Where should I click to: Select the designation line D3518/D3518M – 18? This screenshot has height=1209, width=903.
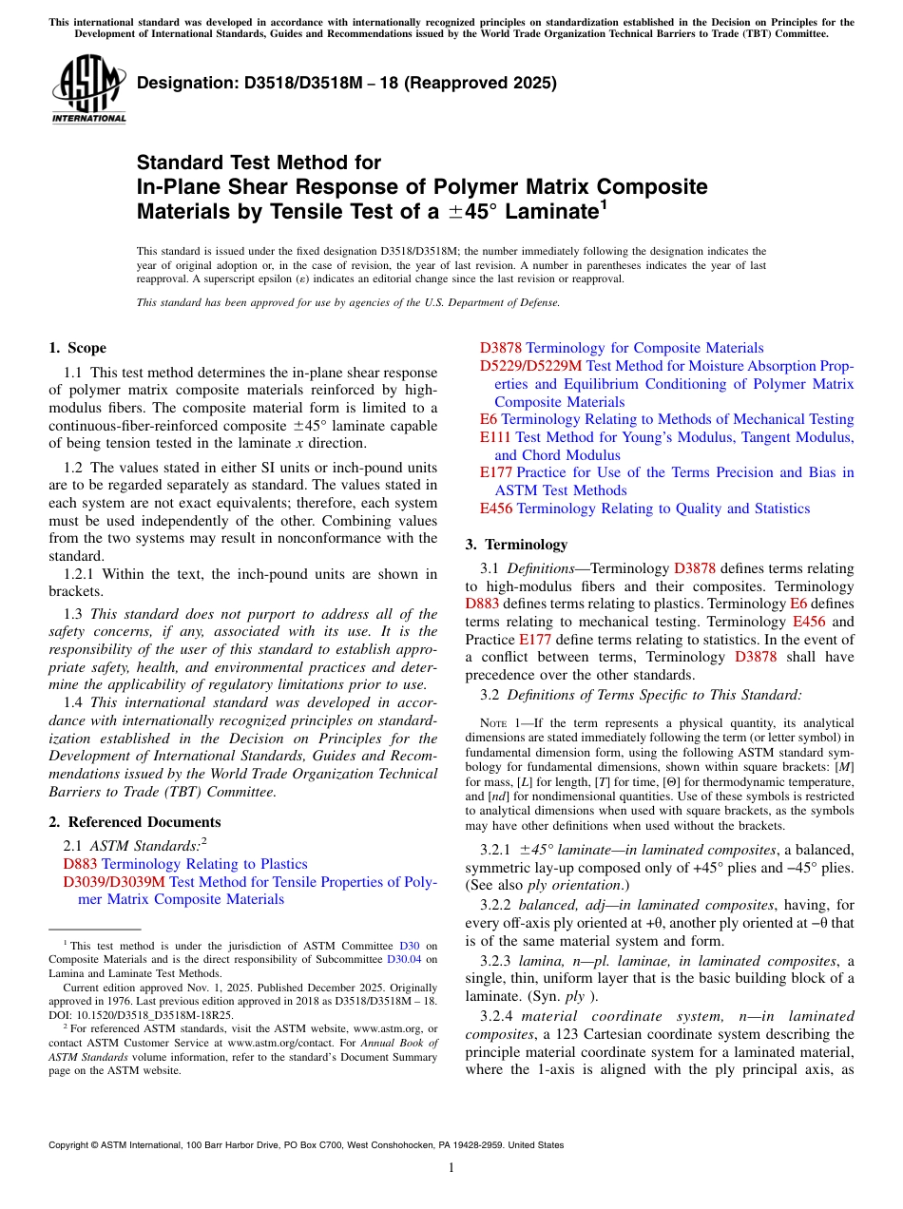pos(347,84)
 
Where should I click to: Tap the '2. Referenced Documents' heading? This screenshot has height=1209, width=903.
pos(134,822)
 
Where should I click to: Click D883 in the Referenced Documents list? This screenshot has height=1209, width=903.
pos(80,864)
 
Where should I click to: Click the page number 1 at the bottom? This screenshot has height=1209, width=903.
pos(451,1167)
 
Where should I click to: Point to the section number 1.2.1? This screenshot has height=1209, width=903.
pos(81,574)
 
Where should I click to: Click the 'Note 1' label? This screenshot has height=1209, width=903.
pos(504,723)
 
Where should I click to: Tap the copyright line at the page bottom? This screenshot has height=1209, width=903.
pos(305,1145)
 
